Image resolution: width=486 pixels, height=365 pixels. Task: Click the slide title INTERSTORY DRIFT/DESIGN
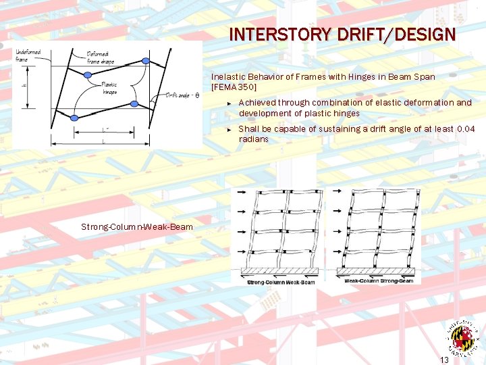click(342, 34)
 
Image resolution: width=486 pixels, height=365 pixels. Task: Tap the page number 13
click(444, 359)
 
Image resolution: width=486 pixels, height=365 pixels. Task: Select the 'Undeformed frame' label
click(28, 55)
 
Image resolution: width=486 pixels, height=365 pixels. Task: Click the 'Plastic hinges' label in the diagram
click(109, 89)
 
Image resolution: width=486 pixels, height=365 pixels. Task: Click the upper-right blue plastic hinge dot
click(145, 62)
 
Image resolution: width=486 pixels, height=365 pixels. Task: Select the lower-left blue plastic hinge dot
click(74, 118)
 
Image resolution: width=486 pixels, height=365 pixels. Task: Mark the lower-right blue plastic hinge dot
click(134, 104)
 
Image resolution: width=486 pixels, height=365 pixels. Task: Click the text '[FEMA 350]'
click(234, 88)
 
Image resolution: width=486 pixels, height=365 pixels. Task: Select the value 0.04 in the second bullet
click(466, 128)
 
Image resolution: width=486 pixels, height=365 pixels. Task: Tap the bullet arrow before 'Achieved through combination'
click(230, 103)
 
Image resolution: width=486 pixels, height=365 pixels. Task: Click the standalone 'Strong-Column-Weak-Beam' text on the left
click(137, 227)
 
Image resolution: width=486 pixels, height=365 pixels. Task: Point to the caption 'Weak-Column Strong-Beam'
click(379, 281)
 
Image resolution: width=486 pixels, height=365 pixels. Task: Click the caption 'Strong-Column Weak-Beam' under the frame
click(281, 281)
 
